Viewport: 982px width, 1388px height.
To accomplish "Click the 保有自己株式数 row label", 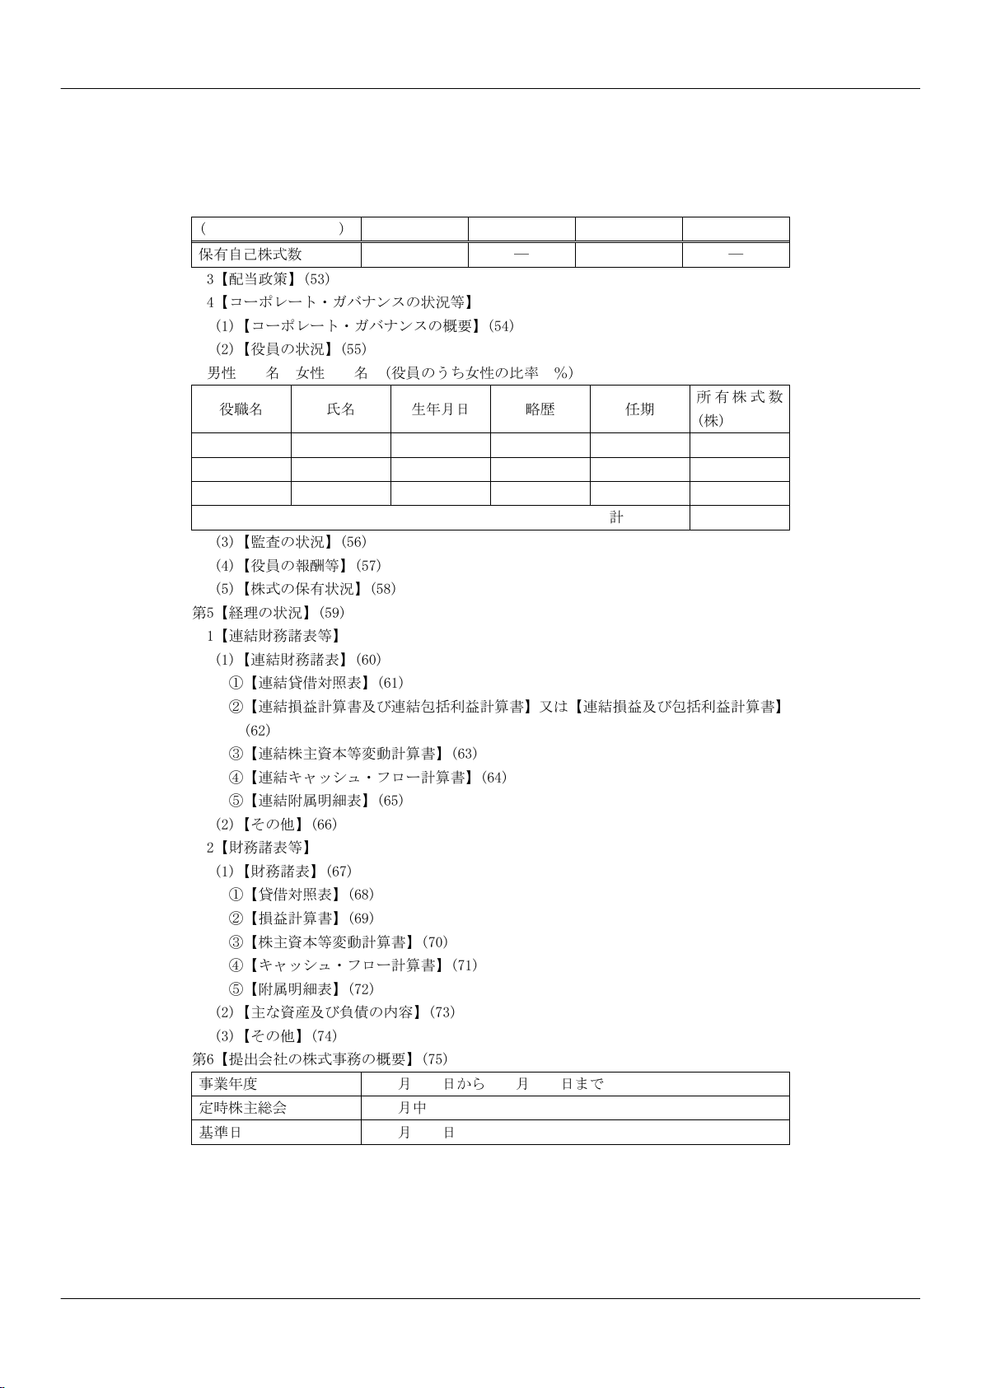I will coord(250,255).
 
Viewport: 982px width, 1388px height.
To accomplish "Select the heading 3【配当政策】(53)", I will coord(268,279).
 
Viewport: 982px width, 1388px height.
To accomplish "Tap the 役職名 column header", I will coord(241,409).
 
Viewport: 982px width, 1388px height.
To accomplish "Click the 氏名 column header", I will coord(341,409).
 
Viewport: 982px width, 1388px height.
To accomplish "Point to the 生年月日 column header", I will coord(440,409).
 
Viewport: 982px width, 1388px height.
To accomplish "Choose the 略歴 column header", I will coord(540,409).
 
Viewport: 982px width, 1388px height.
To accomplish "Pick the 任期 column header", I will coord(640,409).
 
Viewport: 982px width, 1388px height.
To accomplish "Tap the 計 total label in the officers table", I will coord(616,517).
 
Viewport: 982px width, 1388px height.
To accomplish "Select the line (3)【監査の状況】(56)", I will coord(291,542).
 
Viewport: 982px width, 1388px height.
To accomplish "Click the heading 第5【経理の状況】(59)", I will coord(269,613).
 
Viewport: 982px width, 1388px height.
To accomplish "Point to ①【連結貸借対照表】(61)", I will coord(316,683).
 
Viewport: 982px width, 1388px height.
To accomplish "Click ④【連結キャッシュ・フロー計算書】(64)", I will coord(367,778).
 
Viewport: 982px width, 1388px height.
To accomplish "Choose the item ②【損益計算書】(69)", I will coord(301,918).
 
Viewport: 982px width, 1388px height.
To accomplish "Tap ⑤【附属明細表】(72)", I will coord(301,988).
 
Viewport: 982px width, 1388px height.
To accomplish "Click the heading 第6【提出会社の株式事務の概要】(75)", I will coord(320,1059).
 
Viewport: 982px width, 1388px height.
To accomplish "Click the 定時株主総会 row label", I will coord(243,1108).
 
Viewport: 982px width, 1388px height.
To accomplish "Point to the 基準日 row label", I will coord(221,1133).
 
